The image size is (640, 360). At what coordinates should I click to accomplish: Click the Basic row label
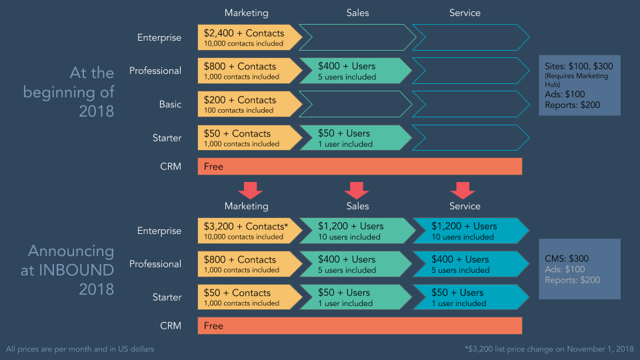pyautogui.click(x=170, y=105)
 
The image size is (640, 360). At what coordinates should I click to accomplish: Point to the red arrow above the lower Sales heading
pyautogui.click(x=357, y=190)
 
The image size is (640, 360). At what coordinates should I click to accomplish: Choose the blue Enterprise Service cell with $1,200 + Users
pyautogui.click(x=467, y=231)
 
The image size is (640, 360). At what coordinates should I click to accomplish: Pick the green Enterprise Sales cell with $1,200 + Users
pyautogui.click(x=353, y=231)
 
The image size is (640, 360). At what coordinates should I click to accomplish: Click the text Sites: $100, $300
pyautogui.click(x=579, y=67)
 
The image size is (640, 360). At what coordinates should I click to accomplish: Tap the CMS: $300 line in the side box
pyautogui.click(x=567, y=259)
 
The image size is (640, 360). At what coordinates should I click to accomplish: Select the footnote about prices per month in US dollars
pyautogui.click(x=81, y=349)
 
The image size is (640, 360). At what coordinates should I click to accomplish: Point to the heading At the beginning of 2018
pyautogui.click(x=69, y=92)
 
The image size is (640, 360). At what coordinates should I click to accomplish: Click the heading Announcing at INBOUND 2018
pyautogui.click(x=71, y=270)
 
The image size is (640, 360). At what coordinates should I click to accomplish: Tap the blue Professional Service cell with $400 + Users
pyautogui.click(x=467, y=265)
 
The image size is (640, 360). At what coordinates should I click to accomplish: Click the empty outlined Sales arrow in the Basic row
pyautogui.click(x=353, y=105)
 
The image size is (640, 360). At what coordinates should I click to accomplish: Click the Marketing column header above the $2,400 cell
pyautogui.click(x=246, y=13)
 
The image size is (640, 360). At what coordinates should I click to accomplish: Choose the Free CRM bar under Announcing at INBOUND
pyautogui.click(x=360, y=326)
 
